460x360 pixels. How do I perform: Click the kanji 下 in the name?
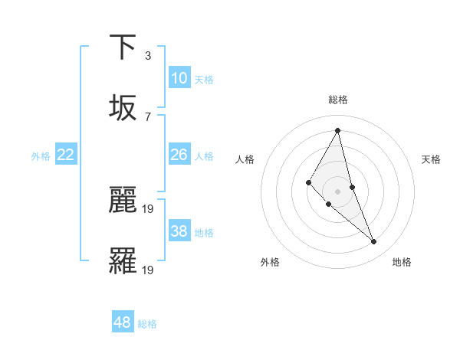(123, 47)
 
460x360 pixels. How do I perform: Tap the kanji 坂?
(123, 108)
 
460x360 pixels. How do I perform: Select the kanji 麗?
(123, 201)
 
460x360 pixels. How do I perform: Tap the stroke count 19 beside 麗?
(149, 208)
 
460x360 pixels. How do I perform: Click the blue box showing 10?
(179, 78)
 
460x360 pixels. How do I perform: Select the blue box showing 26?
(179, 155)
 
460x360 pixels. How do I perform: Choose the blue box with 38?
(179, 231)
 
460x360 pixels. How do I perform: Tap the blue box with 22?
(66, 155)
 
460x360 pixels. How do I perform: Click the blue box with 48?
(123, 322)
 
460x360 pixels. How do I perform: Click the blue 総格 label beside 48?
(147, 324)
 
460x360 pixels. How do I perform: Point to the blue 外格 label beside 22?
(41, 156)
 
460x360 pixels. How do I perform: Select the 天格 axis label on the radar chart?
(431, 159)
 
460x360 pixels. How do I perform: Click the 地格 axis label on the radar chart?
(402, 263)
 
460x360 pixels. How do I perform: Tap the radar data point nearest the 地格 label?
(373, 241)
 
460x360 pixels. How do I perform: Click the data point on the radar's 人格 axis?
(308, 182)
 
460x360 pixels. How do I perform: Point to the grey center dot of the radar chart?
(337, 191)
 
